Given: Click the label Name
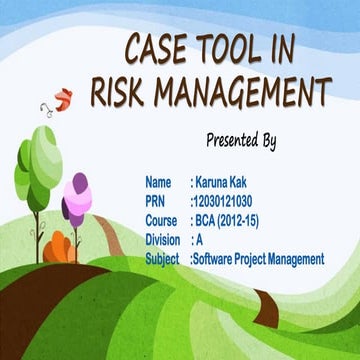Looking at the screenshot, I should pyautogui.click(x=158, y=182).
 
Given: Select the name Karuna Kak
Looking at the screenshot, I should pyautogui.click(x=223, y=182).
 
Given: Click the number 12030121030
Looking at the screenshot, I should pyautogui.click(x=226, y=201).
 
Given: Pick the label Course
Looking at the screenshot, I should pyautogui.click(x=161, y=220).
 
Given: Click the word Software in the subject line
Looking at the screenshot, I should pyautogui.click(x=217, y=258).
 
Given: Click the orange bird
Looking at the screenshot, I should pyautogui.click(x=62, y=98).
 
